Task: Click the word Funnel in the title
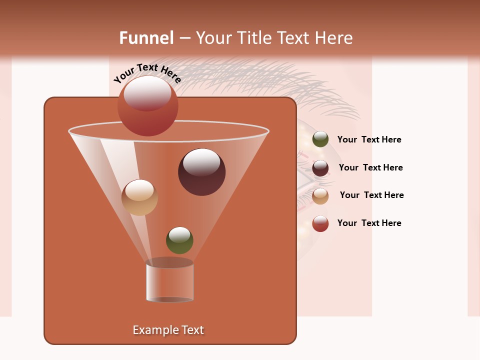(x=146, y=38)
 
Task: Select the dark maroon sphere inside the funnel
(x=201, y=172)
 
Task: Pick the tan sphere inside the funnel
(x=139, y=198)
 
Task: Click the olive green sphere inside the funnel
(x=179, y=240)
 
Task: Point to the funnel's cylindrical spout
(x=170, y=282)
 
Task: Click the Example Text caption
(x=168, y=330)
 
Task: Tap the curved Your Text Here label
(x=147, y=73)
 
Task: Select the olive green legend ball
(x=320, y=139)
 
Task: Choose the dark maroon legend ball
(x=320, y=168)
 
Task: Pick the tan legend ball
(x=320, y=196)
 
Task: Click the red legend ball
(x=320, y=223)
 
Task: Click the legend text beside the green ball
(x=369, y=139)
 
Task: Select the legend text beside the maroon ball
(x=370, y=167)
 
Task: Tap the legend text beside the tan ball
(x=371, y=195)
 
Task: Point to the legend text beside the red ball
(x=369, y=223)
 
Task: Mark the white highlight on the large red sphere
(x=147, y=93)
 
